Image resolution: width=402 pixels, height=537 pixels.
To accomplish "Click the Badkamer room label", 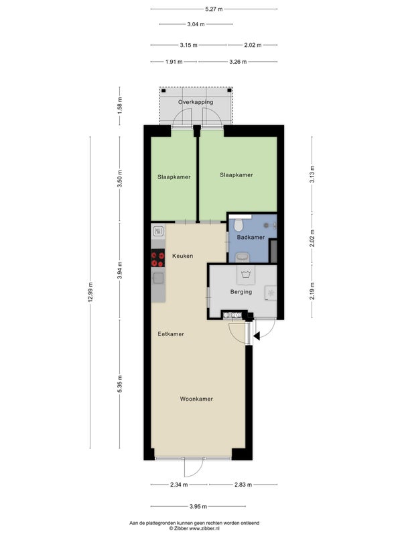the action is (x=251, y=237).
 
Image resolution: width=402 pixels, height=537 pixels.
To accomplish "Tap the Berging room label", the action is (x=241, y=292).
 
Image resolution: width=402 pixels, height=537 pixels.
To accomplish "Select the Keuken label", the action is (x=182, y=256).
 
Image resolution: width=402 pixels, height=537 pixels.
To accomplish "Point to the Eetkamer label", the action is (x=171, y=334).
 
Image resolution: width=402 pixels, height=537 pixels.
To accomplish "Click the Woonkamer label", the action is (x=196, y=399).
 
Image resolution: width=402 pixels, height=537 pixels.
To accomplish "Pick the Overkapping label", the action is (x=196, y=102).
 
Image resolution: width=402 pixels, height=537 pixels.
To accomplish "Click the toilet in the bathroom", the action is (x=239, y=225).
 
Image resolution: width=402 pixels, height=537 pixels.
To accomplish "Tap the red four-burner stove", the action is (x=158, y=258).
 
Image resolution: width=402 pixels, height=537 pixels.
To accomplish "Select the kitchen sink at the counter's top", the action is (x=158, y=231).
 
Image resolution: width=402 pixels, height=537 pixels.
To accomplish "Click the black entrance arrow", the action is (x=257, y=336).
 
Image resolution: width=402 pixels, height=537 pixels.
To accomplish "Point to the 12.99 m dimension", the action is (x=90, y=292).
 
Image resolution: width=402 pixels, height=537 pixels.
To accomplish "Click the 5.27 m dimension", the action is (x=214, y=9).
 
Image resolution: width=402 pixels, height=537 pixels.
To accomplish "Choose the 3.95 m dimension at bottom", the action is (x=198, y=506).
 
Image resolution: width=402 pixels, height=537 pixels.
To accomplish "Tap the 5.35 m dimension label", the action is (x=120, y=384).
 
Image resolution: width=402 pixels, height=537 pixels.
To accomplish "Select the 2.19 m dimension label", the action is (x=312, y=291).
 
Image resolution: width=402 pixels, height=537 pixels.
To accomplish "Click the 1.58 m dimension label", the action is (x=120, y=105).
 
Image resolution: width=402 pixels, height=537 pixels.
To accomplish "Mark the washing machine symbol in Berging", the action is (x=245, y=276).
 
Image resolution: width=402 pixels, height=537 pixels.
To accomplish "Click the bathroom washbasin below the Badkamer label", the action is (x=243, y=257).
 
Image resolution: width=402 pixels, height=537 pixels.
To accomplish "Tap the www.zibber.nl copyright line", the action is (x=194, y=528).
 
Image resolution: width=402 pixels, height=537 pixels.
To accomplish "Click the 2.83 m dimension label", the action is (x=243, y=485).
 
